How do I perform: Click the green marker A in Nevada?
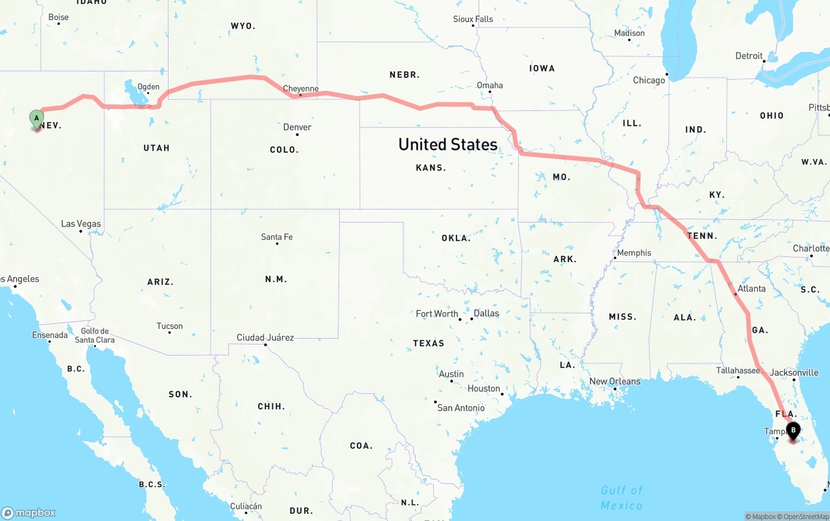click(37, 119)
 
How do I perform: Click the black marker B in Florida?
click(793, 430)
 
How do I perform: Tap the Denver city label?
click(297, 127)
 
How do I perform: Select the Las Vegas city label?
click(81, 224)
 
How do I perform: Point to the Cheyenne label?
click(301, 89)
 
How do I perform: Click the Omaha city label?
click(490, 85)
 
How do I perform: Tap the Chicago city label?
click(649, 80)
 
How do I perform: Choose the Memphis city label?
click(634, 253)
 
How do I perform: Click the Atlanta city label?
click(752, 289)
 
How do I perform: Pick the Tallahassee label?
click(738, 370)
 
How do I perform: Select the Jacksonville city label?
click(794, 373)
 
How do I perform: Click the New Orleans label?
click(615, 382)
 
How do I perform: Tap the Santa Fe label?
click(277, 237)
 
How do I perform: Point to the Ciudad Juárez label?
click(265, 337)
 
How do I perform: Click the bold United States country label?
click(448, 144)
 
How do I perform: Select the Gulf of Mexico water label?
click(621, 498)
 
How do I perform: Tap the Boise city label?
click(58, 18)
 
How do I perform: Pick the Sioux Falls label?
click(473, 19)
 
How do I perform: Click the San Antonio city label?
click(461, 408)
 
